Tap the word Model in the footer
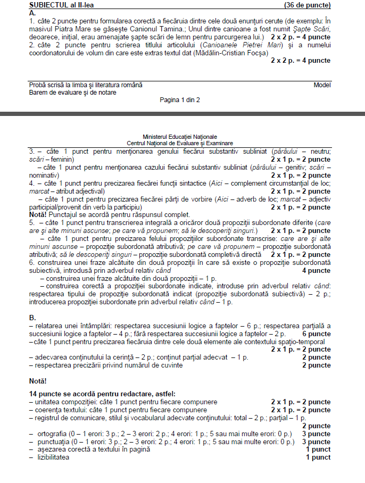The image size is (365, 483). [x=322, y=85]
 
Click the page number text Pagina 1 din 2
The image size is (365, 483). [x=180, y=99]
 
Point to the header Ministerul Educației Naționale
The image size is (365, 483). [x=180, y=137]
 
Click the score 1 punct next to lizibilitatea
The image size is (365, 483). [x=318, y=457]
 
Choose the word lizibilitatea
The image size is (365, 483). [x=53, y=457]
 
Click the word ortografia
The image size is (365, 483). [x=53, y=434]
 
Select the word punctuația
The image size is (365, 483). [x=53, y=442]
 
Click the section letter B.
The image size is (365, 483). [x=32, y=318]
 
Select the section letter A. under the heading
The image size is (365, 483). [x=32, y=13]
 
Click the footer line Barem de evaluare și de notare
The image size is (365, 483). [x=73, y=93]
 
